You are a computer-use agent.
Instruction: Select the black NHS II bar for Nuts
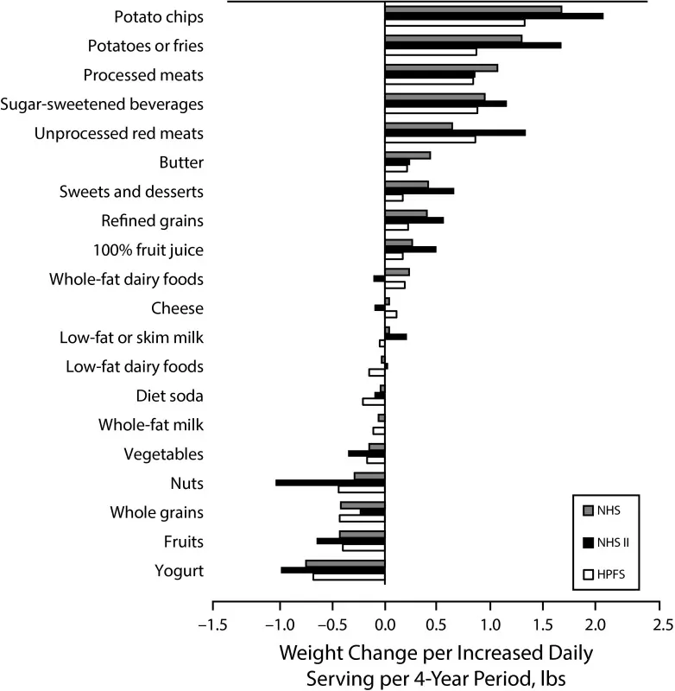pyautogui.click(x=330, y=483)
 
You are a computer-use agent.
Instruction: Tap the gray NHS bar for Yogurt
pyautogui.click(x=345, y=563)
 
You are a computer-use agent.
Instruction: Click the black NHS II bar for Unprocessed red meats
pyautogui.click(x=455, y=132)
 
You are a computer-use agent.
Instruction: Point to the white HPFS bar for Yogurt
pyautogui.click(x=349, y=577)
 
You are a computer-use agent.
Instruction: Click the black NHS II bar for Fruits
pyautogui.click(x=350, y=541)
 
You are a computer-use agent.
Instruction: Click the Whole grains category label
pyautogui.click(x=156, y=512)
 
